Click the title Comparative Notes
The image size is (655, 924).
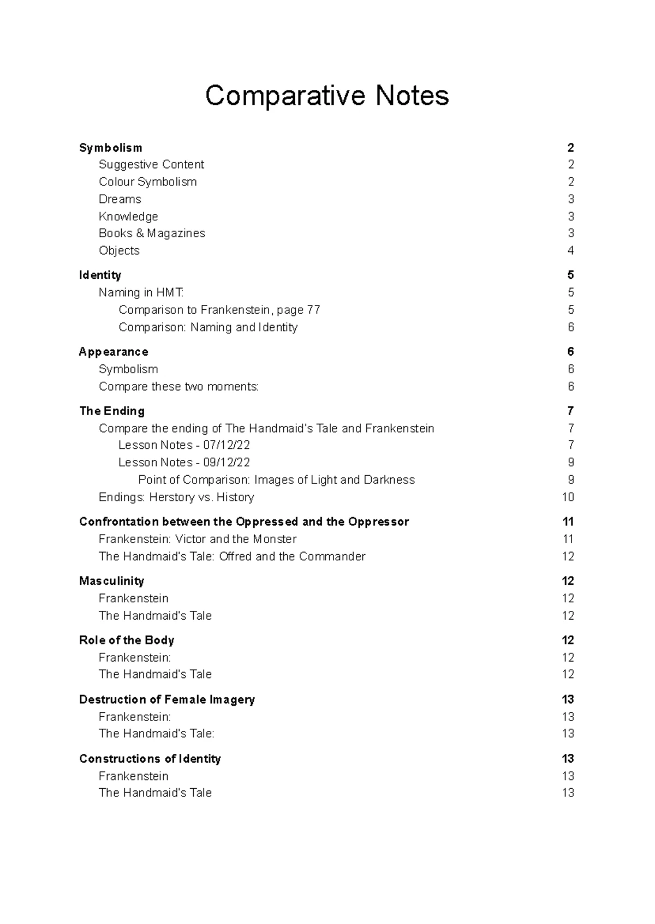tap(327, 96)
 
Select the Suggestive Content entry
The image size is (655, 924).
tap(151, 165)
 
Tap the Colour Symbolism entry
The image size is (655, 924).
tap(147, 182)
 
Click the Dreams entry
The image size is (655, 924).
tap(120, 199)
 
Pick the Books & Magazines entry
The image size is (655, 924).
tap(152, 233)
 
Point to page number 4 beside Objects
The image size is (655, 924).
tap(570, 251)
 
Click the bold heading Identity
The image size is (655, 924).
tap(100, 275)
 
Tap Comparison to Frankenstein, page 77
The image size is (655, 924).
tap(219, 310)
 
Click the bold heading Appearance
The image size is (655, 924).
tap(114, 352)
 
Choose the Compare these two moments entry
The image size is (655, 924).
tap(178, 387)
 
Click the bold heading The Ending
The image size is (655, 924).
tap(112, 411)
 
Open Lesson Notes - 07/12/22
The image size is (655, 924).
tap(184, 446)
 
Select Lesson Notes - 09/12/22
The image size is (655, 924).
tap(184, 463)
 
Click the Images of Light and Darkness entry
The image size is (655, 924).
tap(276, 480)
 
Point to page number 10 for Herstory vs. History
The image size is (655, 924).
tap(568, 497)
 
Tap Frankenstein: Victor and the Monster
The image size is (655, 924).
tap(198, 539)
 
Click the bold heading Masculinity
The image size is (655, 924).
tap(111, 581)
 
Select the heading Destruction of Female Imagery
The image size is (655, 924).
tap(167, 700)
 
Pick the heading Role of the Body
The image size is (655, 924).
tap(127, 640)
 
